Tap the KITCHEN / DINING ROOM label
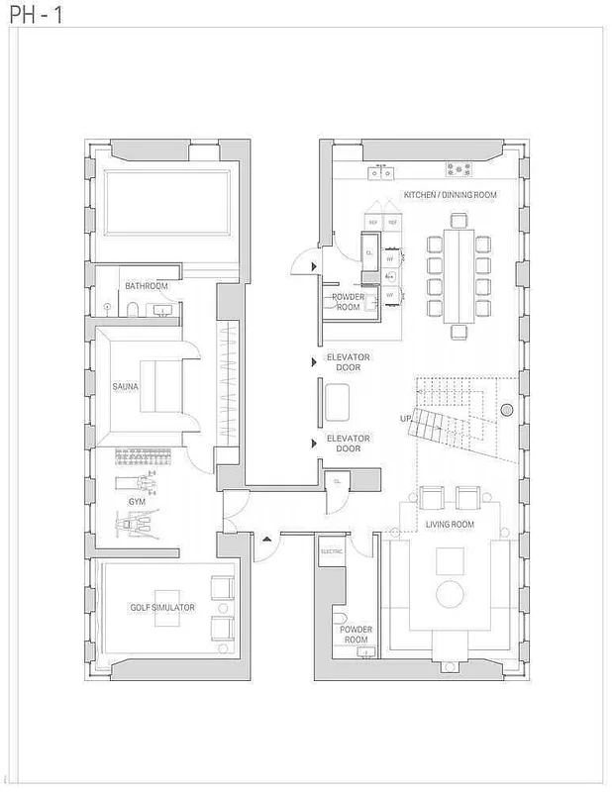point(449,196)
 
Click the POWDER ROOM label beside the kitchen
point(348,302)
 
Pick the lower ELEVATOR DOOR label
point(348,444)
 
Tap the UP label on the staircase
point(405,419)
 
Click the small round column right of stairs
point(506,410)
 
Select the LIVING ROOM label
point(450,524)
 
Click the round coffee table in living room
point(452,594)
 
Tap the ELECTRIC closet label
point(330,550)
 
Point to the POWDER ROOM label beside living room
point(355,635)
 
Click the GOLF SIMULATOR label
point(162,607)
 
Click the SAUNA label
point(125,387)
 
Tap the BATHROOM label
point(146,286)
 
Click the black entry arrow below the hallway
point(266,540)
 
